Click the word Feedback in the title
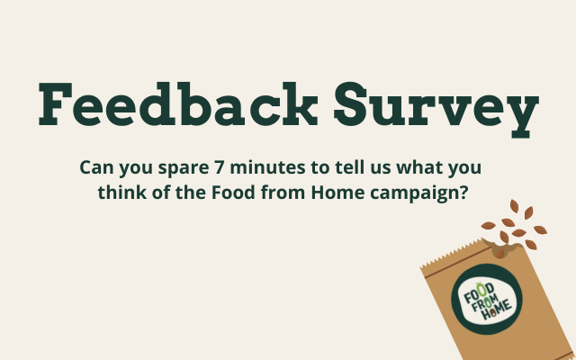178,104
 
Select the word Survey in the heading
436,110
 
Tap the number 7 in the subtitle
219,167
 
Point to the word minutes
267,167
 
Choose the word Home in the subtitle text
337,193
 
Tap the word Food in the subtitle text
233,193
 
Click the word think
122,193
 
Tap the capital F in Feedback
55,104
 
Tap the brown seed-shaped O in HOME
493,313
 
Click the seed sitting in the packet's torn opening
499,253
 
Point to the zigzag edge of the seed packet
455,254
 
